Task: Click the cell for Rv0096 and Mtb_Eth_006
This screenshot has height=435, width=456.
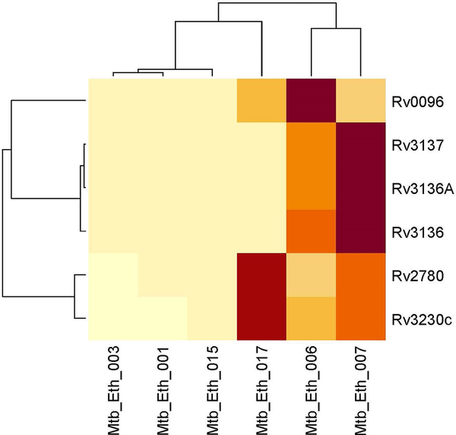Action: coord(311,100)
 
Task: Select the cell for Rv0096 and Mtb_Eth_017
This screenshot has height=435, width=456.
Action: coord(261,100)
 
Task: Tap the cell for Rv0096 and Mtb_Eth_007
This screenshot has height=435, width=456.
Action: coord(360,100)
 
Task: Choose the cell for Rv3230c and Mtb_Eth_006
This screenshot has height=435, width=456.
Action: coord(311,319)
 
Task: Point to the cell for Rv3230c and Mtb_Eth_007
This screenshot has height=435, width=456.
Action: coord(360,319)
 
